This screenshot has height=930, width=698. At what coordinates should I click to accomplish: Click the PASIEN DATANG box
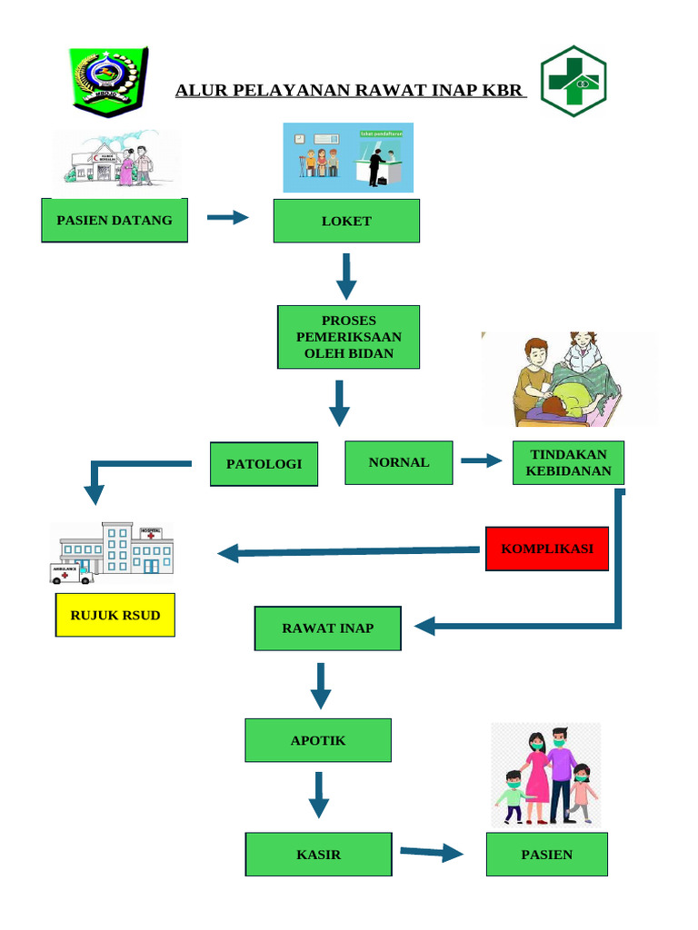pos(115,221)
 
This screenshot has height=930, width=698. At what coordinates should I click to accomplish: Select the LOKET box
pos(346,221)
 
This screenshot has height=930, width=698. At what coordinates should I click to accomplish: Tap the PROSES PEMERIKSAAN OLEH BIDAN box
pos(348,337)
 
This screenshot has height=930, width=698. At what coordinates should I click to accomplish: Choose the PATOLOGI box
pos(264,464)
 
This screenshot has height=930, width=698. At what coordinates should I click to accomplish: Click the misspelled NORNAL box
pos(398,462)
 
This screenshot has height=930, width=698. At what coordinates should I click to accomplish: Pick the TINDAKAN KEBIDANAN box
pos(568,463)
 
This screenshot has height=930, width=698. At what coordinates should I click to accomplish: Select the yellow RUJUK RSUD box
pos(115,616)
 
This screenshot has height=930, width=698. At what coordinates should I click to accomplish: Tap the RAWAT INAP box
pos(327,628)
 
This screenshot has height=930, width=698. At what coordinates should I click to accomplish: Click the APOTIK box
pos(318,740)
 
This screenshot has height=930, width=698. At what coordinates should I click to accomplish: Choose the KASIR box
pos(318,855)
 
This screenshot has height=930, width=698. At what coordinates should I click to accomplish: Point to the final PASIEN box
pos(546,855)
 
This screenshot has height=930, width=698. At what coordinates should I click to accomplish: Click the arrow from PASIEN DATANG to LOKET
pos(228,217)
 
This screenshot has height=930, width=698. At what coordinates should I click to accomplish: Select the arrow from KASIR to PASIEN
pos(432,853)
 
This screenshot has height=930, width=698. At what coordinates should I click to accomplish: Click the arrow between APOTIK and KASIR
pos(317,795)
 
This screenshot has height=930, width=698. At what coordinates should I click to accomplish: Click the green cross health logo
pos(573,82)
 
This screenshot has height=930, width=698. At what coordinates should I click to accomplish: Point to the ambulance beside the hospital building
pos(71,572)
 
